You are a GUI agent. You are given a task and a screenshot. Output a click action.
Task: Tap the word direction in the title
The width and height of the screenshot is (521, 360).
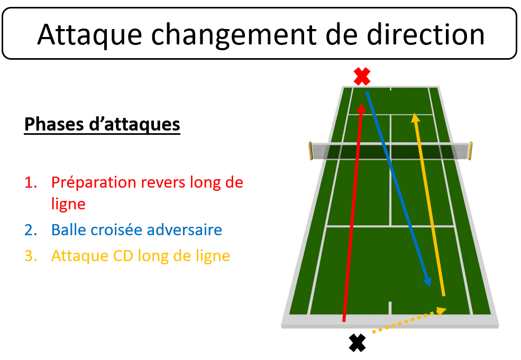pos(426,34)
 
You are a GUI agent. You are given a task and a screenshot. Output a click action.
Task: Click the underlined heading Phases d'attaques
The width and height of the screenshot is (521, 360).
pos(102,125)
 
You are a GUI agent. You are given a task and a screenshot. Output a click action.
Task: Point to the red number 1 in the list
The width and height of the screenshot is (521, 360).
pos(31,183)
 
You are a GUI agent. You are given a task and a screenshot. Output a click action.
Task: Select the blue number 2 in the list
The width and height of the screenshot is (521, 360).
pos(31,230)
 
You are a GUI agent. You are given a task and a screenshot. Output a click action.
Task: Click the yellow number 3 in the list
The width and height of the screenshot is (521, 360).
pos(31,256)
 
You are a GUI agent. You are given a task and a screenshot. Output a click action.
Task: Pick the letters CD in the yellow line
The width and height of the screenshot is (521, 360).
pos(123,256)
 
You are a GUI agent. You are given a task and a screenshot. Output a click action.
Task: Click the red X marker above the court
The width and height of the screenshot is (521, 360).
pos(362,76)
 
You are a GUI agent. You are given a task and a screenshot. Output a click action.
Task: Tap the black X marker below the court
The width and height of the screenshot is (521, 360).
pos(358,343)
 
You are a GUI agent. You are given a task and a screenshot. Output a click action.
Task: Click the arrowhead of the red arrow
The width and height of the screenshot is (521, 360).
pos(361,108)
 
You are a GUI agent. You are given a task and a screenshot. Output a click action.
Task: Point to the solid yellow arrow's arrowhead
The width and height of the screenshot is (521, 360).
pos(415,117)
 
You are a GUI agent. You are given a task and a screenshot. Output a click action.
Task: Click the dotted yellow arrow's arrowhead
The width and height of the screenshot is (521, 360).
pos(441,311)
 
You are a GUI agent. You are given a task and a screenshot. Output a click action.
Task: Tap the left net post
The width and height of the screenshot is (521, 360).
pos(310,151)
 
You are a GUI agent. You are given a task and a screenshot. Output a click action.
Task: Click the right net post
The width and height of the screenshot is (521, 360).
pos(471,151)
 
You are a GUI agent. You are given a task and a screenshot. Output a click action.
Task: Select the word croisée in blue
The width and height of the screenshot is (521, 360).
pos(116,230)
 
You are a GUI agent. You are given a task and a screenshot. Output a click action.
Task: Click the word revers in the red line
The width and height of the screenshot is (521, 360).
pos(163,183)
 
